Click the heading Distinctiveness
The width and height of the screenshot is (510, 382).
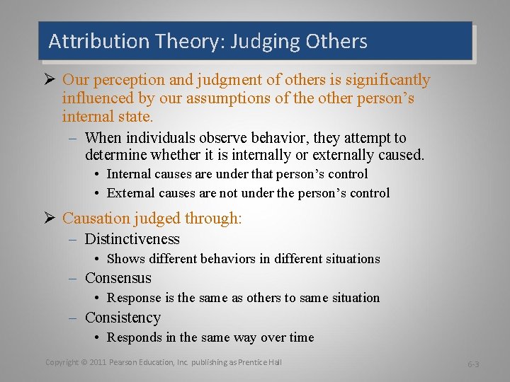132,239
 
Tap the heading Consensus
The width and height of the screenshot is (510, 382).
118,278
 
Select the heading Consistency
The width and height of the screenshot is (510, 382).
123,318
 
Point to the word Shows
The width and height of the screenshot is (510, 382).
125,259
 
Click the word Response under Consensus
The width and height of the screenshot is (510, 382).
134,298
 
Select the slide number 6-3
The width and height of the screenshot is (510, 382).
472,364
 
